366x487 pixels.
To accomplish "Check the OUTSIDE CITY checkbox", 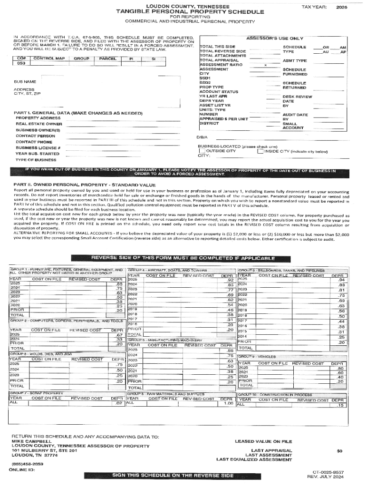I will click(202, 151).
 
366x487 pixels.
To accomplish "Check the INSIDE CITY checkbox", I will click(260, 151).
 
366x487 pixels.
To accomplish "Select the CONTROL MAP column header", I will click(47, 58).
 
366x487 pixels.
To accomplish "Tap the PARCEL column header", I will click(105, 58).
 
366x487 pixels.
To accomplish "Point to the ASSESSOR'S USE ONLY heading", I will click(275, 38).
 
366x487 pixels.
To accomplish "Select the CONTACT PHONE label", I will click(34, 142).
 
